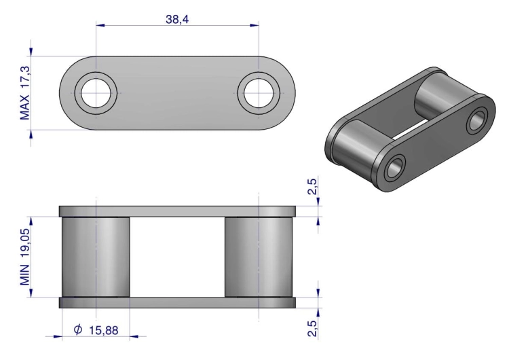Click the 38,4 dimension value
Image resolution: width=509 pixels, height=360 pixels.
tap(177, 19)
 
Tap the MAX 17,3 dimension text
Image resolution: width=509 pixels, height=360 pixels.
tap(25, 93)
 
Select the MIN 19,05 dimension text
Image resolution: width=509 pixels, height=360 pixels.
tap(25, 257)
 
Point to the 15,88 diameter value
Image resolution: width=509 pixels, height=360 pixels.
tap(104, 330)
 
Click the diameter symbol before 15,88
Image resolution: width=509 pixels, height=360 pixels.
tap(78, 329)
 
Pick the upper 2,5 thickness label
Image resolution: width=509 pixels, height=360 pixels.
tap(312, 186)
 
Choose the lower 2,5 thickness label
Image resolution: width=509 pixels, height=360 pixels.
tap(312, 329)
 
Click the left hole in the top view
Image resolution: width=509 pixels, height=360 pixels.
tap(96, 93)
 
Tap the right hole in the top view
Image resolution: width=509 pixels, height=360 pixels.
tap(259, 93)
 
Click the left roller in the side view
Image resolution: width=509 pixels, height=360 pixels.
tap(96, 257)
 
